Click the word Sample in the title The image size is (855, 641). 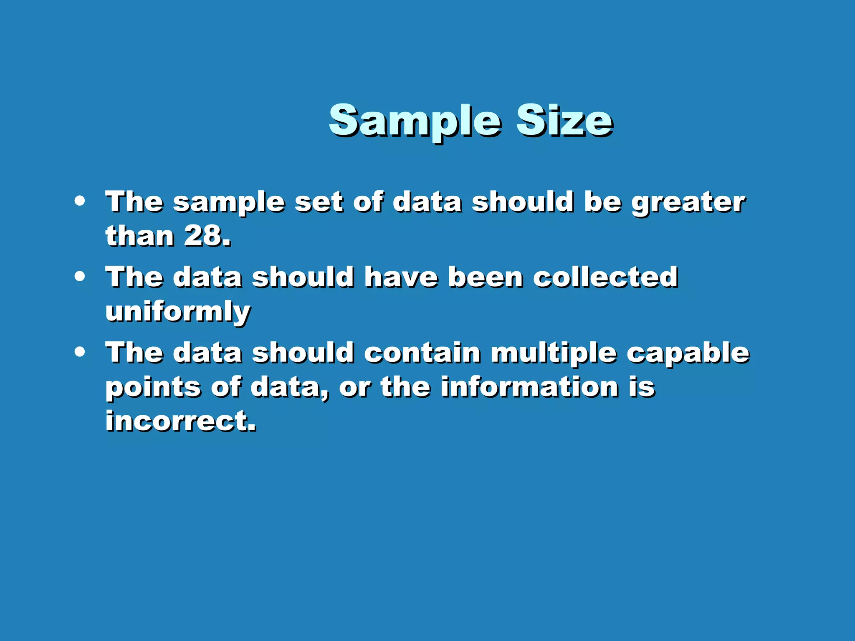pyautogui.click(x=415, y=121)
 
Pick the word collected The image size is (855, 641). pyautogui.click(x=605, y=278)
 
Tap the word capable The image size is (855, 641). pyautogui.click(x=688, y=353)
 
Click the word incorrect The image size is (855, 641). pyautogui.click(x=180, y=421)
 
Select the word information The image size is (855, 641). pyautogui.click(x=529, y=387)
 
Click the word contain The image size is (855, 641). pyautogui.click(x=422, y=353)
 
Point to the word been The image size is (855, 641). pyautogui.click(x=486, y=278)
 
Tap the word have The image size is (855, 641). pyautogui.click(x=401, y=278)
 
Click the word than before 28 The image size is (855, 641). pyautogui.click(x=139, y=236)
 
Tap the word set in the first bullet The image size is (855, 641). pyautogui.click(x=319, y=202)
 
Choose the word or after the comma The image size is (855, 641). pyautogui.click(x=354, y=388)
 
